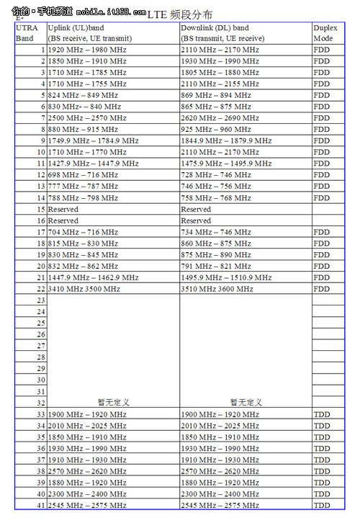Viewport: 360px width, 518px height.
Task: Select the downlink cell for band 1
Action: point(220,50)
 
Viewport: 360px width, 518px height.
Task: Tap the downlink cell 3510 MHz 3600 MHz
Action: point(217,289)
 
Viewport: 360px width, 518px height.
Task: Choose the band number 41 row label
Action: point(40,506)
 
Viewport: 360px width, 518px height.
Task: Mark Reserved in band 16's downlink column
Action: point(196,220)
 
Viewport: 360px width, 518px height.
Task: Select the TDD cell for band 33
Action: point(322,414)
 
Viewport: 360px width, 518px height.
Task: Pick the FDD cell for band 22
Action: point(322,289)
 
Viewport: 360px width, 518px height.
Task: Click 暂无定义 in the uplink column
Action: point(113,402)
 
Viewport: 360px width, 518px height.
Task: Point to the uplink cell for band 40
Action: point(87,494)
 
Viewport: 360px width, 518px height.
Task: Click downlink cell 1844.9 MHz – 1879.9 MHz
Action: point(226,140)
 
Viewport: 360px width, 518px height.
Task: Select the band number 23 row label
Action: point(40,300)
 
